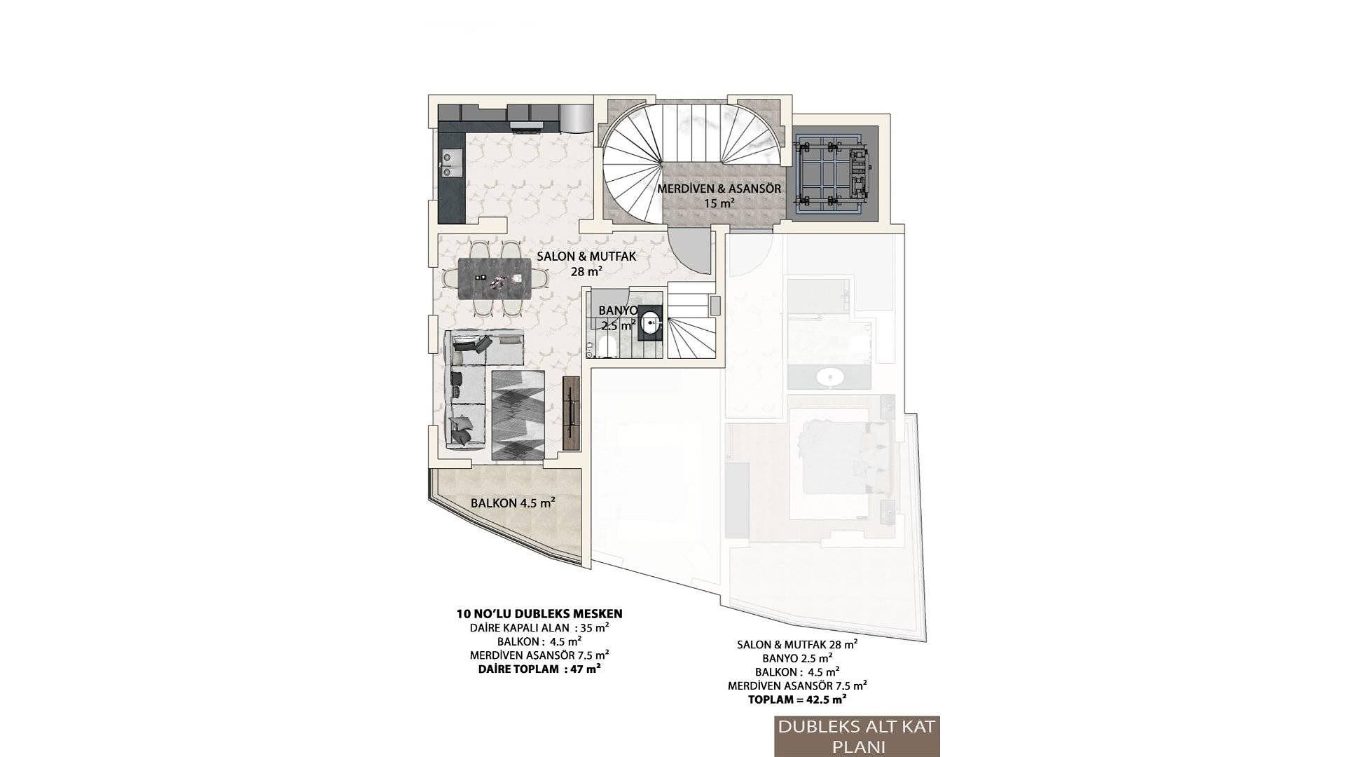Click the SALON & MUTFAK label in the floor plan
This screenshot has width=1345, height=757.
(586, 257)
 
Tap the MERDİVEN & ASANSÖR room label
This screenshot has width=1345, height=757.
(719, 189)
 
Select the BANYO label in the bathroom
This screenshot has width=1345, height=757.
(618, 311)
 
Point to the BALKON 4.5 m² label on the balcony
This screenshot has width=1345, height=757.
(513, 503)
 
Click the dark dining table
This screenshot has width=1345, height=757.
(495, 278)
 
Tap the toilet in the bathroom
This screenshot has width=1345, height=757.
(607, 345)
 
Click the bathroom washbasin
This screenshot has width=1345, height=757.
(651, 324)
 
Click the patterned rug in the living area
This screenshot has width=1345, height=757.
(518, 415)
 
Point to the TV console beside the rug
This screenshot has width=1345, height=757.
(572, 413)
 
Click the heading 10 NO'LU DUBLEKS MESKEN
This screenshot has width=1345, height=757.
(539, 614)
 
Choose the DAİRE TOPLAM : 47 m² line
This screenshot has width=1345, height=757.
(539, 669)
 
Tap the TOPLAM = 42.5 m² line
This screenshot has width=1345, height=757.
(797, 699)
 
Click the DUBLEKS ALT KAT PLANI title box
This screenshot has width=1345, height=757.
(857, 736)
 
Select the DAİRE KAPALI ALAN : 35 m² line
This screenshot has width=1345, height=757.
(539, 628)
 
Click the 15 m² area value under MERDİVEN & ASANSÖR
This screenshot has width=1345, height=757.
(719, 204)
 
